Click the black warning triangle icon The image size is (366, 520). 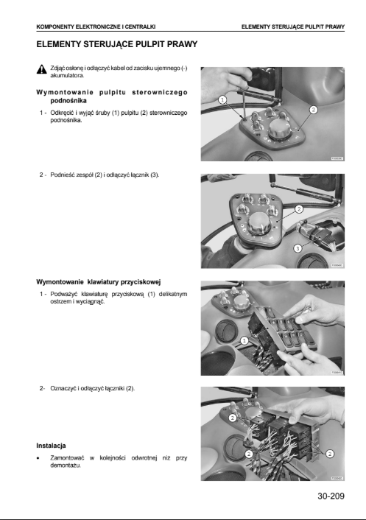pos(41,69)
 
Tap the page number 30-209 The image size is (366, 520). pos(331,496)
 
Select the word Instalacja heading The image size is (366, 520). pos(51,446)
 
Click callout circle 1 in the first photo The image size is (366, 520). pos(223,99)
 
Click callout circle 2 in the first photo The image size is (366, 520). pos(313,110)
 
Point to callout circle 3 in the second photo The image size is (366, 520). pos(298,247)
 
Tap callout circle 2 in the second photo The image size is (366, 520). pos(299,209)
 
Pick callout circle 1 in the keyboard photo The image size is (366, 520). pos(244,340)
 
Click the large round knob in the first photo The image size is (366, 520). pos(279,130)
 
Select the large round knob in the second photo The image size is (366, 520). pos(259,223)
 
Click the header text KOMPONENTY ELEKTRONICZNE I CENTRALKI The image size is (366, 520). pos(96,27)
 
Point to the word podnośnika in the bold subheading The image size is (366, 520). pos(68,100)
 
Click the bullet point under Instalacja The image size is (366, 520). pos(38,459)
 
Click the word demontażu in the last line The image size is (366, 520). pos(66,465)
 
